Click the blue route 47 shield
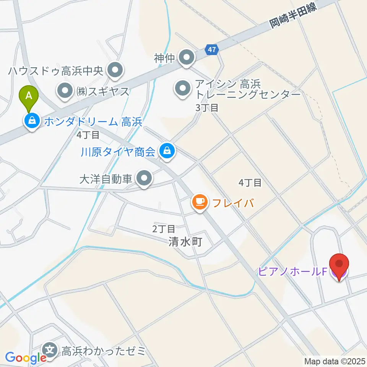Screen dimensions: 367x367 point(212,49)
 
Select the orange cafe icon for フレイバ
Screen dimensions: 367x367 point(200,201)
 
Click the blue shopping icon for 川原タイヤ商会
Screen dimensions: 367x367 point(167,151)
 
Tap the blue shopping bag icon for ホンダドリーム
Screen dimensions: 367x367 point(32,121)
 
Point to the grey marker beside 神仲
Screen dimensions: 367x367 point(187,58)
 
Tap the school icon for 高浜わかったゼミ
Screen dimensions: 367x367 point(50,350)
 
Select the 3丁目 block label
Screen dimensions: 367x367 point(207,108)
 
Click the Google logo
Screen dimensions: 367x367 point(26,357)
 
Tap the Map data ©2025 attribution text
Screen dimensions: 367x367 point(335,361)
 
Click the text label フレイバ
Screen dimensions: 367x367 point(233,202)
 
